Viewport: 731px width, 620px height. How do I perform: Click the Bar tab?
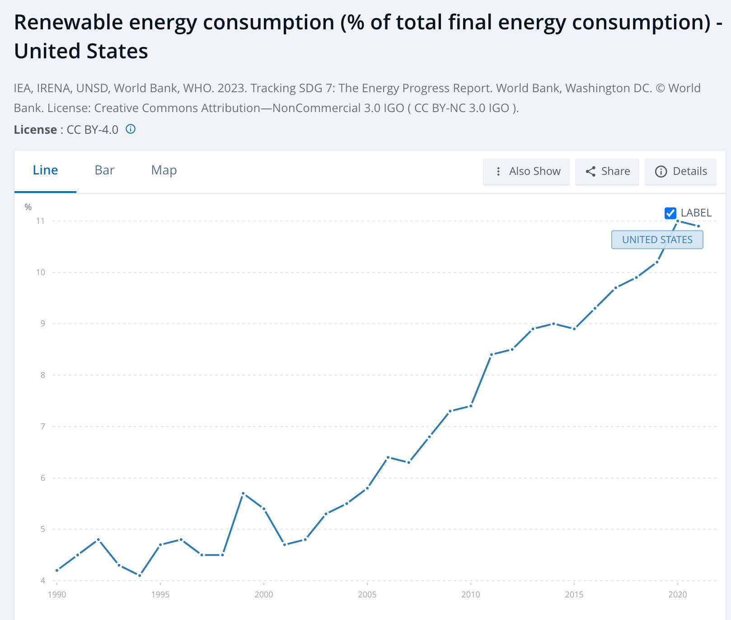pos(104,170)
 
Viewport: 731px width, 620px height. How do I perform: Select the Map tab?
pos(164,170)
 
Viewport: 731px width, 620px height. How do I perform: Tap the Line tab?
pos(45,170)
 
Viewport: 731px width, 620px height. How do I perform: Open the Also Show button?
pos(526,171)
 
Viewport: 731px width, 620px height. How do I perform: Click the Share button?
pos(607,171)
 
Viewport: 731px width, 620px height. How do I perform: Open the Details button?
pos(681,171)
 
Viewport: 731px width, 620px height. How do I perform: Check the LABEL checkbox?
pos(670,213)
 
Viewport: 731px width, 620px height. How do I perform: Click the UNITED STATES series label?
pos(657,240)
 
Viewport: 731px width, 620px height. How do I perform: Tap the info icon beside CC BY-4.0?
pos(131,129)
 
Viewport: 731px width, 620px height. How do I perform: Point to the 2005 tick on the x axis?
pos(367,594)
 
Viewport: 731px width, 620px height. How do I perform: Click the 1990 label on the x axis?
pos(57,594)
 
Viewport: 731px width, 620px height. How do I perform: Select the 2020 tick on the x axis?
pos(678,594)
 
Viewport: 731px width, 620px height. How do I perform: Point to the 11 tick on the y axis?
pos(41,221)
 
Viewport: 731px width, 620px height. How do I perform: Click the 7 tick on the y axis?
pos(42,427)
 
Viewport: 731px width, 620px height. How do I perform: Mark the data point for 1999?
pos(243,493)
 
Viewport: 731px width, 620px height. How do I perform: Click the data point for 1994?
pos(140,576)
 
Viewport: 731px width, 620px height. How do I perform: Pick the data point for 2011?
pos(492,354)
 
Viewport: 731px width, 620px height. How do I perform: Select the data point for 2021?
pos(698,226)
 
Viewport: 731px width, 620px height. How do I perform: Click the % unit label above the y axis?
pos(28,207)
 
